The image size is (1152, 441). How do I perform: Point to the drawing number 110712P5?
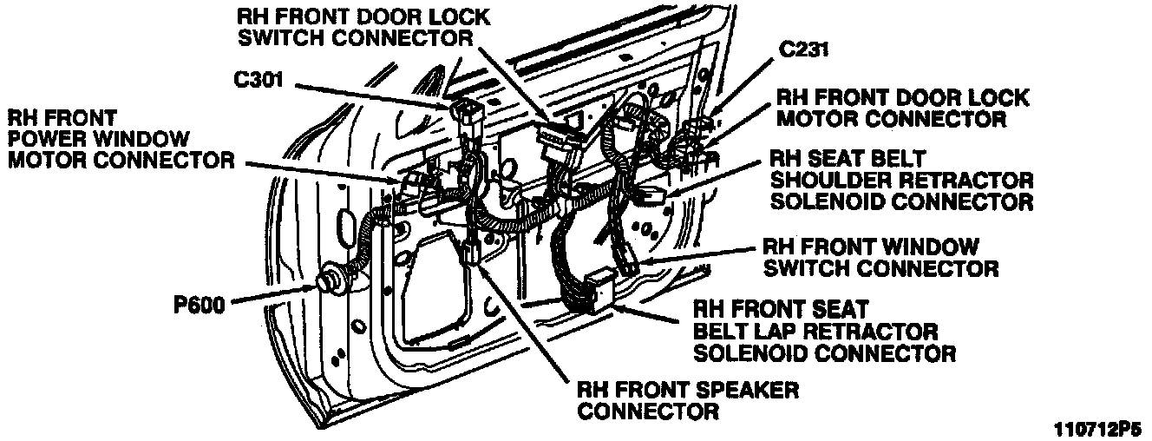point(1097,429)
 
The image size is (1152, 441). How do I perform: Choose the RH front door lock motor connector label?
point(901,108)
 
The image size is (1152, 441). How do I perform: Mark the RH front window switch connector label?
point(880,257)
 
